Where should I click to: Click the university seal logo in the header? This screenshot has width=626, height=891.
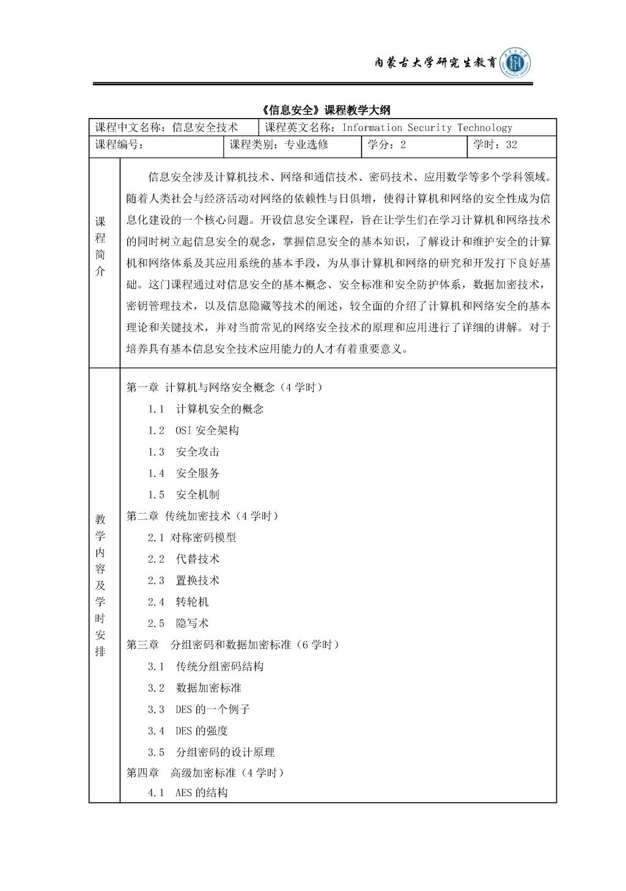click(515, 63)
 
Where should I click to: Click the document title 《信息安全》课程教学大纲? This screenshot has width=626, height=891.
click(325, 110)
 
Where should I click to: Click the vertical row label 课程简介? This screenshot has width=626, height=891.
click(100, 246)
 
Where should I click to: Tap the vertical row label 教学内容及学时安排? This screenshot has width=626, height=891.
click(100, 585)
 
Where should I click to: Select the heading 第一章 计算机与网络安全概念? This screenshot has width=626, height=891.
click(224, 387)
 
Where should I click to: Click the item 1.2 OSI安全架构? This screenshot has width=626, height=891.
click(193, 430)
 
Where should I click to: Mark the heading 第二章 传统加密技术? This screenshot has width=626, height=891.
click(202, 516)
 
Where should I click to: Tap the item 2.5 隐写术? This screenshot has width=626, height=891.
click(178, 623)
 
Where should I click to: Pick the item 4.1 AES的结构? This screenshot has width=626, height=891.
click(187, 793)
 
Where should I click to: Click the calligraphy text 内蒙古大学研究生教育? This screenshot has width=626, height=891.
click(435, 63)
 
